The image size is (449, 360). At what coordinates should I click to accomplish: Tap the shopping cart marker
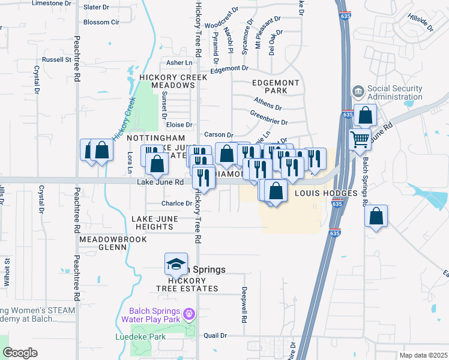pos(360,139)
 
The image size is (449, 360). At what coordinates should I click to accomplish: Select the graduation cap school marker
pos(176,263)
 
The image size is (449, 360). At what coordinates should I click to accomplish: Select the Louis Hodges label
pos(326,194)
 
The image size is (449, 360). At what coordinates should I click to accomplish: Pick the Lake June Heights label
pos(154,223)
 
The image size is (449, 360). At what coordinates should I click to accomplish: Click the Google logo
pos(20,353)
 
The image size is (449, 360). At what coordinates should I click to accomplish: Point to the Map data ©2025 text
pos(423,355)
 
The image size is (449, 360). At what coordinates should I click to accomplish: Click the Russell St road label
pos(57,60)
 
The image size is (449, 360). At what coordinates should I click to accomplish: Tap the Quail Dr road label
pos(215,335)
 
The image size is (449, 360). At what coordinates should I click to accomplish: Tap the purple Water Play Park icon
pos(189,313)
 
